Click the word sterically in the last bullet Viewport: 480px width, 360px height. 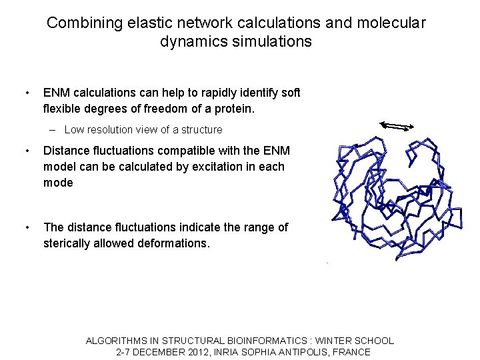tap(68, 243)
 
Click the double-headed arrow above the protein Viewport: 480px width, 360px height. tap(397, 125)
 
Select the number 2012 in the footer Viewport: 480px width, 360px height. tap(187, 352)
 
